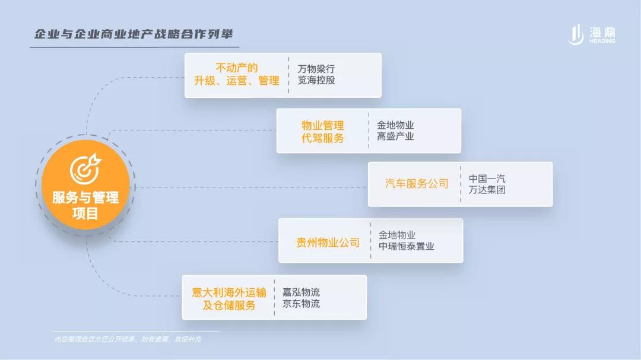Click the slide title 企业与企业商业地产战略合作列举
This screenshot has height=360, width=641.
coord(134,34)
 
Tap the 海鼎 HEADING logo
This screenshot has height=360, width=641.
coord(592,34)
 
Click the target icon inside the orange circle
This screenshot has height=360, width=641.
coord(85,169)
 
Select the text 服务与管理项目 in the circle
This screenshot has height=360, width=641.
coord(85,205)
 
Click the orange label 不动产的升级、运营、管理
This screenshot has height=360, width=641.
coord(237,74)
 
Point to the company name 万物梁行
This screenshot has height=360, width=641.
coord(316,69)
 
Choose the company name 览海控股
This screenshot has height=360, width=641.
coord(316,80)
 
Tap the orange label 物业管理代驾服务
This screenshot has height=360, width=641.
coord(322,132)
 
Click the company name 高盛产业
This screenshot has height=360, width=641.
coord(395,136)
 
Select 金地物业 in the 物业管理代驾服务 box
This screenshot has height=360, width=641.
coord(395,125)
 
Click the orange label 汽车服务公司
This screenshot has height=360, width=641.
coord(417,184)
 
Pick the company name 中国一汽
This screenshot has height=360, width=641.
coord(487,179)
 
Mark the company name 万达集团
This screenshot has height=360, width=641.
coord(487,190)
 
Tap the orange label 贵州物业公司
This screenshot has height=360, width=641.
coord(328,243)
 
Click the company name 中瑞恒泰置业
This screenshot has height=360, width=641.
coord(407,246)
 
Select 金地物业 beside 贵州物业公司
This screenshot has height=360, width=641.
coord(397,235)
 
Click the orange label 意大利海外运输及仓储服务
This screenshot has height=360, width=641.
coord(229,299)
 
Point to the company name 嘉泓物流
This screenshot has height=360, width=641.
coord(302,292)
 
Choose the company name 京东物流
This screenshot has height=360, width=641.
coord(302,304)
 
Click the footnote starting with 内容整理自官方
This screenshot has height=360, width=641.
coord(128,339)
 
